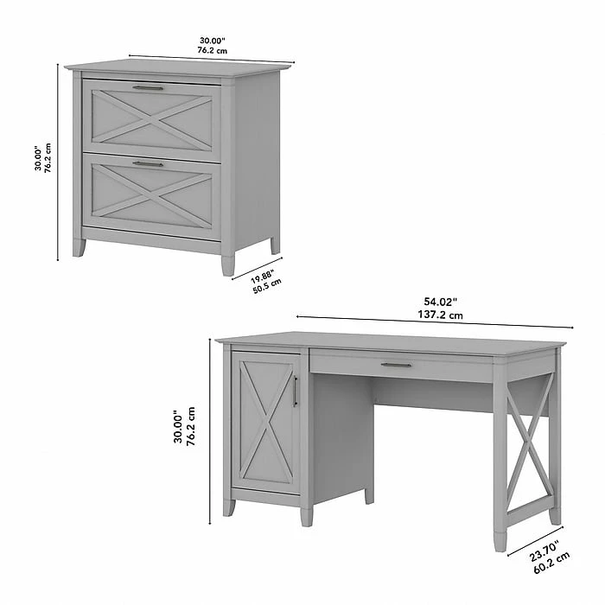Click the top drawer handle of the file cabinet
click(x=148, y=87)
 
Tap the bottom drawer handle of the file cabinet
click(x=148, y=162)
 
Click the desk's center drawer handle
click(x=396, y=365)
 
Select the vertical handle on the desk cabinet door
click(x=296, y=391)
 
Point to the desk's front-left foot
click(x=228, y=507)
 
